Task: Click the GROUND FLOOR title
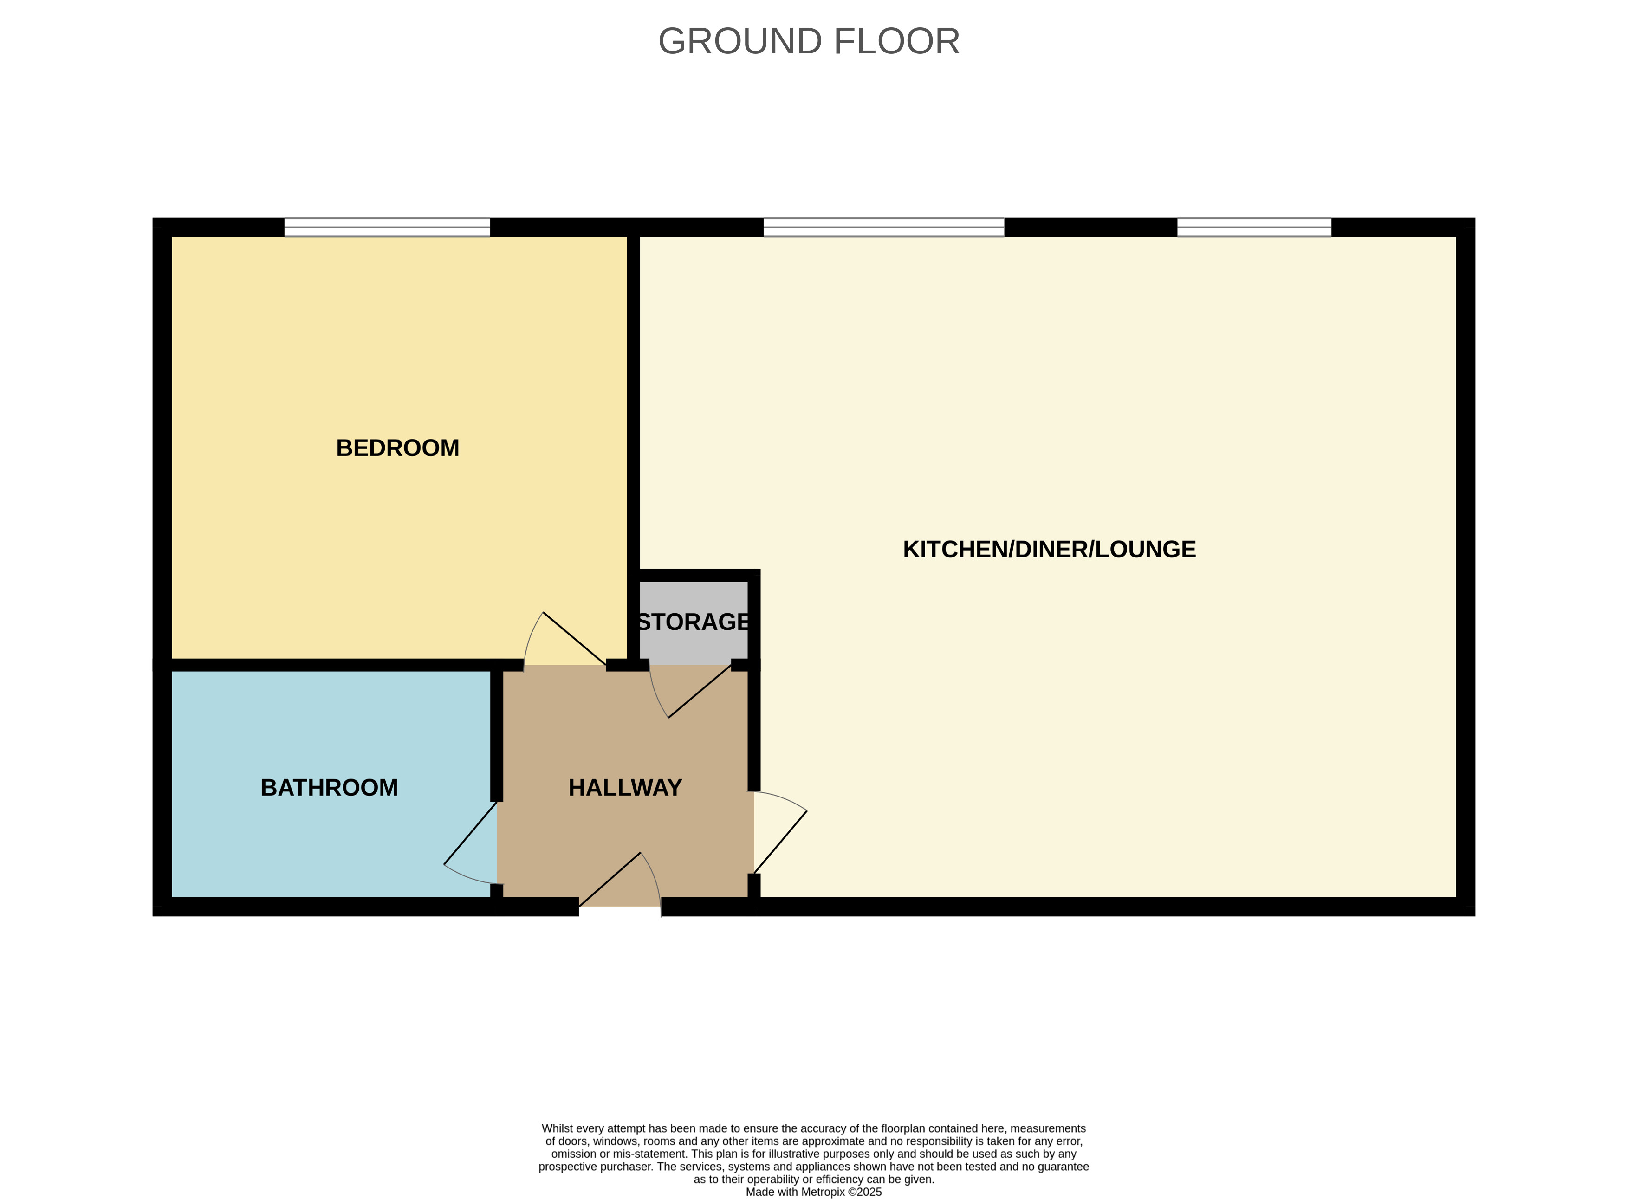(x=809, y=41)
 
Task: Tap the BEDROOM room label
(x=398, y=448)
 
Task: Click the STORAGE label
(x=694, y=622)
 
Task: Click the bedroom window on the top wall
(x=387, y=227)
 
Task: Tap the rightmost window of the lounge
(x=1254, y=227)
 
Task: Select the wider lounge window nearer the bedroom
(x=884, y=227)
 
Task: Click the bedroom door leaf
(x=575, y=639)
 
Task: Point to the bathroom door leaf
(x=470, y=833)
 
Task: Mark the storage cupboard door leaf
(x=700, y=691)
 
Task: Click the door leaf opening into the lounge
(x=781, y=842)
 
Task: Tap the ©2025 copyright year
(x=865, y=1192)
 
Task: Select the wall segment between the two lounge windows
(x=1091, y=227)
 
